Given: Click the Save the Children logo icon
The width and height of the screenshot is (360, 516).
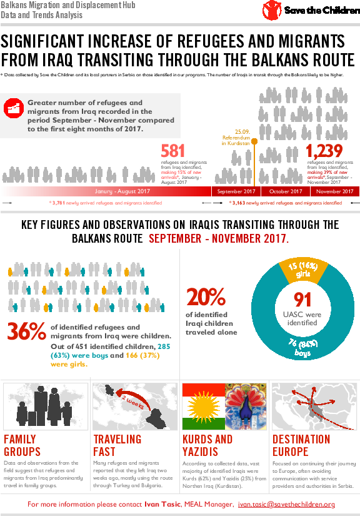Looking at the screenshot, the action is (x=271, y=11).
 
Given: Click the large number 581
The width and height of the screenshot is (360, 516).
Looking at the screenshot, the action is (x=172, y=151).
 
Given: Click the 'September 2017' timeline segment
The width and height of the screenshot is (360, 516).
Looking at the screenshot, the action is (x=236, y=191).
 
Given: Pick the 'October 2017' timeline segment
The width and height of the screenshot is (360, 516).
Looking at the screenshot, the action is (x=286, y=191).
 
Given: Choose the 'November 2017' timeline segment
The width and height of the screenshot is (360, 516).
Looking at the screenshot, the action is (x=334, y=191).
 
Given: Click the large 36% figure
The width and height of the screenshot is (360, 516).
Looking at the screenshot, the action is (x=26, y=331).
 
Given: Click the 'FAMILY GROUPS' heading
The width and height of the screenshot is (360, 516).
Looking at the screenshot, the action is (x=22, y=445).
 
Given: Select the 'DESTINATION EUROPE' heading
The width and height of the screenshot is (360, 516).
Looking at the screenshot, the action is (x=301, y=445).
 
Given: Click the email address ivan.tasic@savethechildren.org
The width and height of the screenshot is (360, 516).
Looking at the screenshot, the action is (x=287, y=505).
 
